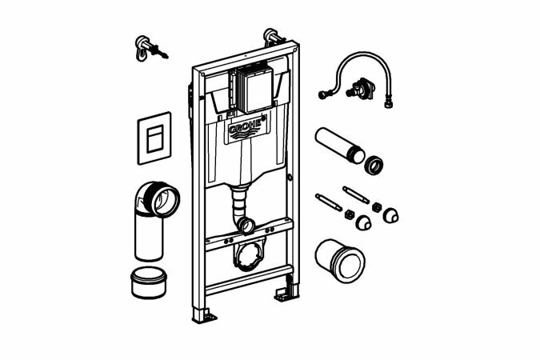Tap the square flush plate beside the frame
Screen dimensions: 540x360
(x=154, y=138)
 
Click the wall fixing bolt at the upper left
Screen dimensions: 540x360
(x=146, y=46)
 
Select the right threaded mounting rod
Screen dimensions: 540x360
(x=358, y=197)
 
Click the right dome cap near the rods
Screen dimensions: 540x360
(x=391, y=216)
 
